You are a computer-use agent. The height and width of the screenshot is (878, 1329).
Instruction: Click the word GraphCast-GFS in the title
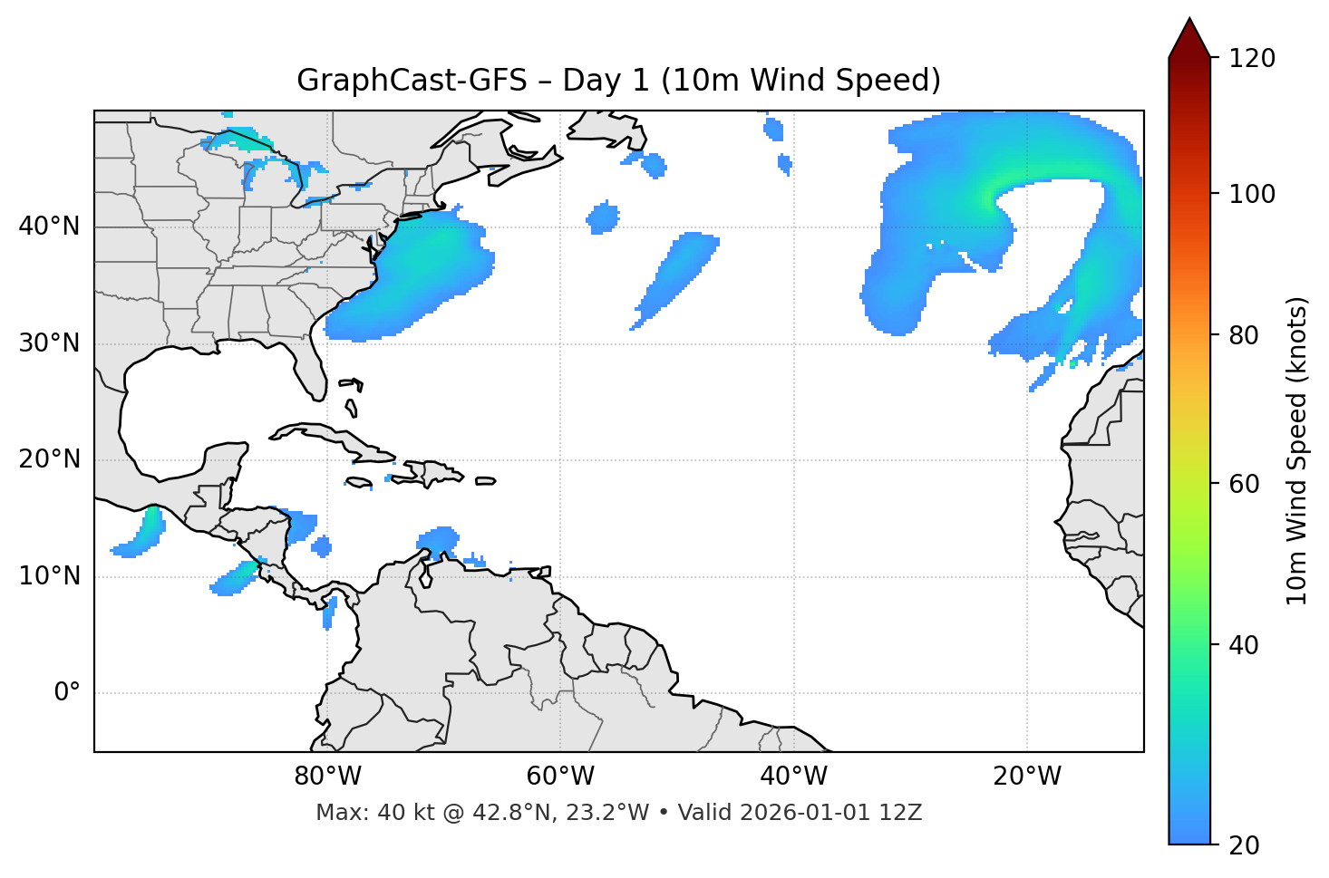pos(412,81)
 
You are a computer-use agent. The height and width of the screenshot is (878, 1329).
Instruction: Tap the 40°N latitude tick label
pos(49,227)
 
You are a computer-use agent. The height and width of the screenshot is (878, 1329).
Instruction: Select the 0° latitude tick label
pos(67,693)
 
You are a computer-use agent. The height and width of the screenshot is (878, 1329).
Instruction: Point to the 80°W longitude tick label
pos(327,777)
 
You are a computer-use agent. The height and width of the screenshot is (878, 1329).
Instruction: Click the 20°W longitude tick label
pos(1027,777)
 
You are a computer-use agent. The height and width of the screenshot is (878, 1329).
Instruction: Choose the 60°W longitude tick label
pos(560,777)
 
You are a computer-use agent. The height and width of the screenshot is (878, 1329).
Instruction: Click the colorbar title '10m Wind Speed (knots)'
pos(1297,450)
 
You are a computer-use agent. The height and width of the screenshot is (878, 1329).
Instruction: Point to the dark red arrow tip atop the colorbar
pos(1189,34)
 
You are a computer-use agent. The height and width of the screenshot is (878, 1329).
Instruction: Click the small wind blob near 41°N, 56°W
pos(603,218)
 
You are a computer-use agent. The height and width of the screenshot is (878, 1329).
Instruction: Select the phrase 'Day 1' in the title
pos(606,81)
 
